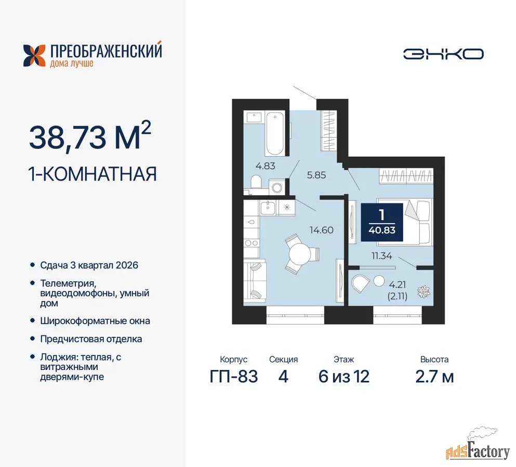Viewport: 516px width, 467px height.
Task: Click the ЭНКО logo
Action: [x=443, y=54]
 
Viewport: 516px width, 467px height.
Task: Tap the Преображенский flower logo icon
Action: [x=34, y=56]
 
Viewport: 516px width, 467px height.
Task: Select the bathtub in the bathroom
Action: [x=275, y=133]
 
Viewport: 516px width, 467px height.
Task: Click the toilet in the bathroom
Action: [x=256, y=183]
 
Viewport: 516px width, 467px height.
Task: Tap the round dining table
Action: [x=300, y=254]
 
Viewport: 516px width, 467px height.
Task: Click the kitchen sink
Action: [x=268, y=208]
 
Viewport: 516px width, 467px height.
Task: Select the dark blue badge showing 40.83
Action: [x=382, y=223]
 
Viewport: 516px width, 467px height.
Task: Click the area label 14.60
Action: [x=322, y=230]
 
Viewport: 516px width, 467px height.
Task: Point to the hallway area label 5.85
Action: [x=316, y=175]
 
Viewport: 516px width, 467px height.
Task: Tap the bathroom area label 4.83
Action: [x=265, y=166]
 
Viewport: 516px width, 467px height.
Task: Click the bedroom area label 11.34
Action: [x=382, y=256]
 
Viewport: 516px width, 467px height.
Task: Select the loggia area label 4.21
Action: [x=398, y=284]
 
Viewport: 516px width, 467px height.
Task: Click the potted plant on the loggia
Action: [x=424, y=292]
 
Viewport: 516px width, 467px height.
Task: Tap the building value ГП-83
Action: [x=234, y=377]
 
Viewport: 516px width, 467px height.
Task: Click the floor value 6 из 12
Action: [x=344, y=377]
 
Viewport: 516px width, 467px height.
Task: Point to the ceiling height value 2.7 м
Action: [x=434, y=377]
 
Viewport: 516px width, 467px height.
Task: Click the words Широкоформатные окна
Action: [x=95, y=321]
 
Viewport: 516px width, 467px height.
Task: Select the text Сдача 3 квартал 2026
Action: [x=89, y=265]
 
